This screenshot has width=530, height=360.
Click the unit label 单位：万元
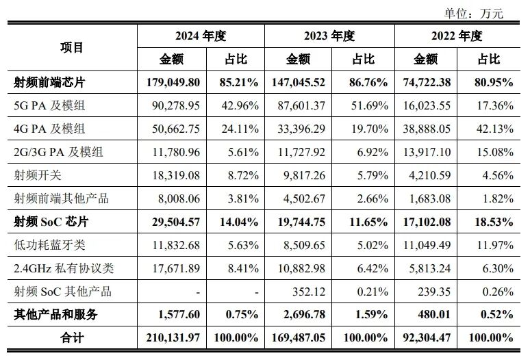473,12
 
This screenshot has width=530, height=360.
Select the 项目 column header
71,47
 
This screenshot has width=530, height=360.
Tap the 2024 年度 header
200,36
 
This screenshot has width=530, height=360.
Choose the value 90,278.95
173,106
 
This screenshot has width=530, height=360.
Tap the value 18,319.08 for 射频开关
173,176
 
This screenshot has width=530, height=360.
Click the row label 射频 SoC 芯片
51,222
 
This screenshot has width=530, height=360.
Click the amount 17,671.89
173,269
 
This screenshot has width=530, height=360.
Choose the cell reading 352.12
309,292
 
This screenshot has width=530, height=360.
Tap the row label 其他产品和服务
55,316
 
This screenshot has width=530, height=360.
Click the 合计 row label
71,339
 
